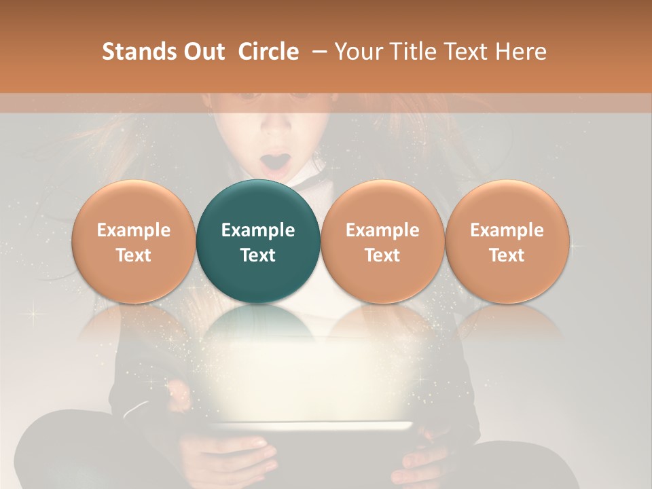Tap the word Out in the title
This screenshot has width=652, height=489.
pos(203,52)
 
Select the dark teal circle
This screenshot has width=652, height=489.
pos(257,241)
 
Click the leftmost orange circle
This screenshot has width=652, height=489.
pos(133,241)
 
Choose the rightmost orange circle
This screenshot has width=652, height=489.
pos(507,241)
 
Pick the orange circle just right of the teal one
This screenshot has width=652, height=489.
pos(382,241)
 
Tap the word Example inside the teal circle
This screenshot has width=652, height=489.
pos(257,230)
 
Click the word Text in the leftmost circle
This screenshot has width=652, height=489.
pos(133,255)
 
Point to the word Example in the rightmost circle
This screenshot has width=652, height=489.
pos(507,230)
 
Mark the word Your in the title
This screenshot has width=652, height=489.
pos(357,52)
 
